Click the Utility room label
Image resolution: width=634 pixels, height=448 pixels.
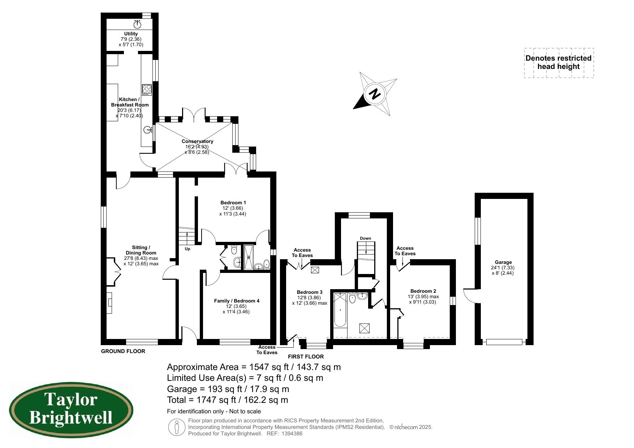(x=131, y=34)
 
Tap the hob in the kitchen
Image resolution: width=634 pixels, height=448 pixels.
(x=147, y=90)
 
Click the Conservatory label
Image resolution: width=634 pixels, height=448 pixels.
(x=197, y=141)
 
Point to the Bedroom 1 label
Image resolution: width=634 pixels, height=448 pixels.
(x=233, y=203)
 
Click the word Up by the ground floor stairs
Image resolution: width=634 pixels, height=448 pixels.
(x=187, y=249)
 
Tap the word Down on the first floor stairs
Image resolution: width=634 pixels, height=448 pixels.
(x=365, y=238)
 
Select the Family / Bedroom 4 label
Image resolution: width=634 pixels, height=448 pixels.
(x=237, y=301)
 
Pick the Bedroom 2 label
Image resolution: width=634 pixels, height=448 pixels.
(x=423, y=291)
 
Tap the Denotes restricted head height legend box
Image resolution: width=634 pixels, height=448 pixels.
(x=558, y=62)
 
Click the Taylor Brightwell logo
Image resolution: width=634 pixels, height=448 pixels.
(x=71, y=410)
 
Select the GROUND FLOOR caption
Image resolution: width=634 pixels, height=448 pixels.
(x=123, y=351)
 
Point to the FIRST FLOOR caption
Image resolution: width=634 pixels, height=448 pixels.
(x=306, y=357)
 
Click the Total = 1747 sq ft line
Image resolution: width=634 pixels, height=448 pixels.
(x=227, y=400)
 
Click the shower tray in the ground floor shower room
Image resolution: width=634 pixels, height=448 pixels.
(x=249, y=257)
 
